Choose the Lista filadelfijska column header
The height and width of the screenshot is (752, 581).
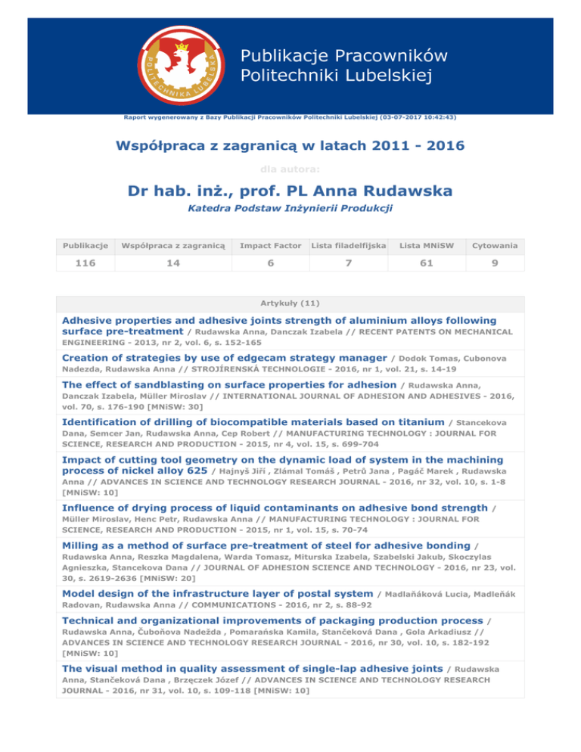click(x=350, y=245)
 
